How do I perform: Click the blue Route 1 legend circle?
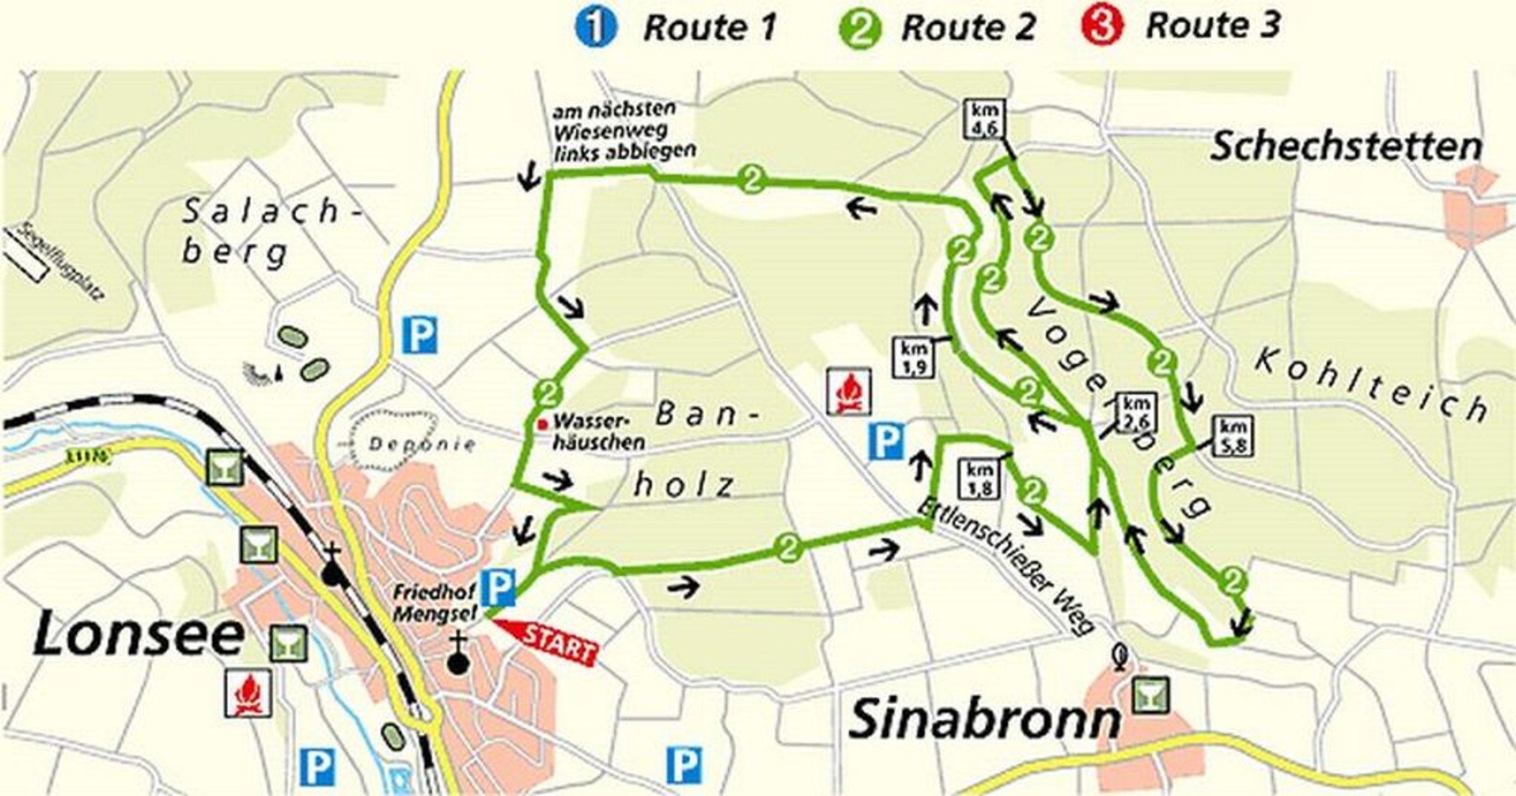tap(596, 28)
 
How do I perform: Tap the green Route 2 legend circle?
tap(860, 30)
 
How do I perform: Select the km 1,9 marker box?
tap(913, 358)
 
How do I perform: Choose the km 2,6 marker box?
tap(1137, 411)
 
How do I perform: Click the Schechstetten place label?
tap(1345, 147)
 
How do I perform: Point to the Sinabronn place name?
tap(983, 720)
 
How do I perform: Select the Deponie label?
tap(422, 444)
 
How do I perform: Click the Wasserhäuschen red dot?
tap(541, 424)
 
